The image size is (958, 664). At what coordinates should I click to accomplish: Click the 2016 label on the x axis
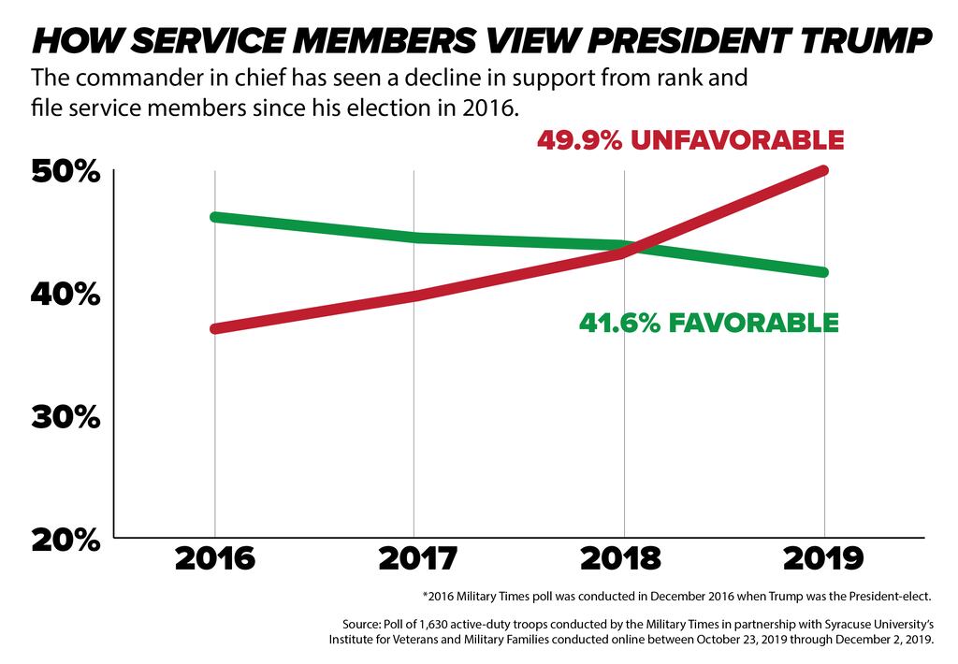[x=215, y=558]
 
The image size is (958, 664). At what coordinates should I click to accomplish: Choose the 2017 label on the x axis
[x=418, y=558]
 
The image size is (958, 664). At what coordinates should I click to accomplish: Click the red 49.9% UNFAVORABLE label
[x=690, y=140]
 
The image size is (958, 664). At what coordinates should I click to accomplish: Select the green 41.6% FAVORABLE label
[x=708, y=324]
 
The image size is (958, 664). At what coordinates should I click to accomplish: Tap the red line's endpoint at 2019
[x=823, y=170]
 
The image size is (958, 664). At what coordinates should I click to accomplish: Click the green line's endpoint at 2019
[x=823, y=272]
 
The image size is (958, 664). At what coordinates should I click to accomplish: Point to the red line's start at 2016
[x=215, y=329]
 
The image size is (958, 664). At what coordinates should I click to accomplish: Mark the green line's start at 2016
[x=215, y=217]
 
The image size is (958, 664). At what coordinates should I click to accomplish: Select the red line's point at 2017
[x=414, y=296]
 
